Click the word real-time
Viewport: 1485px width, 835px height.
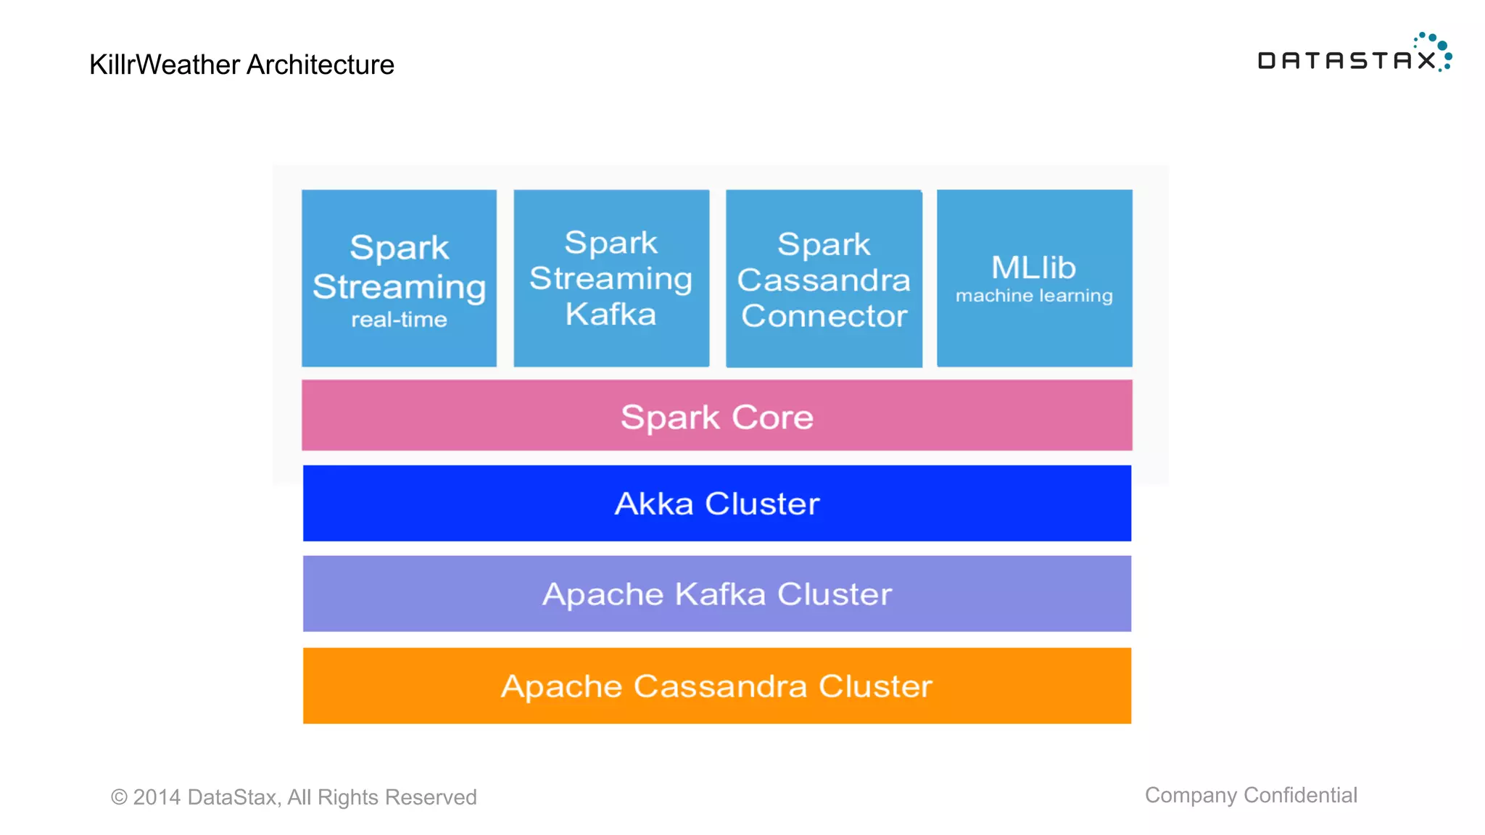(x=399, y=320)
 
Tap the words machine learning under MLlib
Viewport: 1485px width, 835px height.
(x=1034, y=296)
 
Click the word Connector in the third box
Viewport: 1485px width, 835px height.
(x=824, y=316)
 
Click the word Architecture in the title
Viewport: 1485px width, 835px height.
(x=320, y=65)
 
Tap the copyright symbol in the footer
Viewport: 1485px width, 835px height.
(x=119, y=797)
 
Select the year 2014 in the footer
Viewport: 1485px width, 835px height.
(x=157, y=797)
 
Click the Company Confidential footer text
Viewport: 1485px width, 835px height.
(x=1251, y=795)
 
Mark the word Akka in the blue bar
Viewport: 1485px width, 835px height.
(x=654, y=503)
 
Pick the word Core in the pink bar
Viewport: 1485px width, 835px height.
(x=772, y=417)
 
